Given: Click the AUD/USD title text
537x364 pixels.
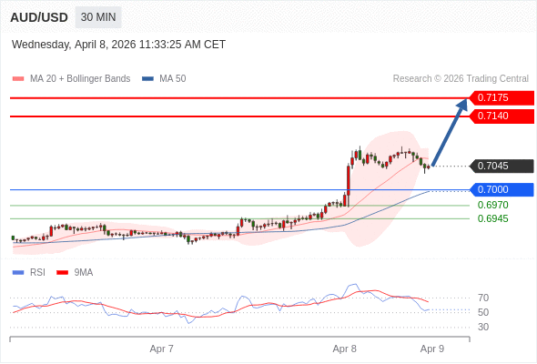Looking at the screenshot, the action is click(x=39, y=17).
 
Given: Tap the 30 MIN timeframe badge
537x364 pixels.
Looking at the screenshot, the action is click(x=98, y=17).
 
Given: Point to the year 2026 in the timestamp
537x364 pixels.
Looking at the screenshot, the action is click(x=124, y=45).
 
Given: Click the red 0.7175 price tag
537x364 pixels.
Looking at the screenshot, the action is click(x=502, y=98).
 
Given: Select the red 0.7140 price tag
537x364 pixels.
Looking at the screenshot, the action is click(x=502, y=116).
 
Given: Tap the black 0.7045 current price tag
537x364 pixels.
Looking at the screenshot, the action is click(x=502, y=167).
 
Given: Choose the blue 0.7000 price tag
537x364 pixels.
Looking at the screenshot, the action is click(x=502, y=189).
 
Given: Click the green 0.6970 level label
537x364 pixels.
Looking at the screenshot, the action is click(x=492, y=205).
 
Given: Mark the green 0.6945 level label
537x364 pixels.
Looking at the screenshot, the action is click(x=492, y=218).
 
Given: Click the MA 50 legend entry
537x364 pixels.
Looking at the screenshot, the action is click(x=164, y=79).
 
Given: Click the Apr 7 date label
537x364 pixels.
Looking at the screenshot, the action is click(x=162, y=349).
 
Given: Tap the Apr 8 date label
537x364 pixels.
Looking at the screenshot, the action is click(x=345, y=349).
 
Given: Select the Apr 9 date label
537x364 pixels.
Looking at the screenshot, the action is click(x=432, y=349).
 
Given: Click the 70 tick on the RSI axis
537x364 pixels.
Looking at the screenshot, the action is click(x=483, y=298).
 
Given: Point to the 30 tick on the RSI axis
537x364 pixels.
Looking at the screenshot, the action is click(x=483, y=327).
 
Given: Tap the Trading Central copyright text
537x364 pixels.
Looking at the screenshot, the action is click(x=461, y=79).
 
